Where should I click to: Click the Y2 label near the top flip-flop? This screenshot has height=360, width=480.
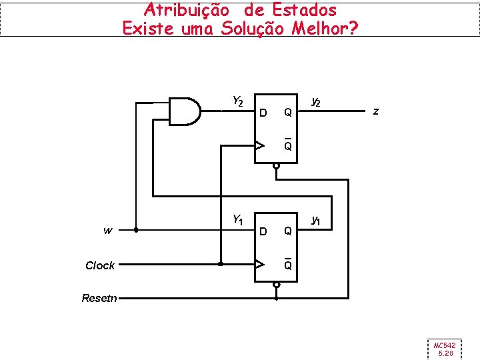pyautogui.click(x=237, y=101)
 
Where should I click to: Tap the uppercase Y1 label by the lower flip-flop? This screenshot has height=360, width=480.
pyautogui.click(x=237, y=219)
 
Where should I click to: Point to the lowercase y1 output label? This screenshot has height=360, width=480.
pyautogui.click(x=316, y=220)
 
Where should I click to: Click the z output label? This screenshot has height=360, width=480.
pyautogui.click(x=376, y=111)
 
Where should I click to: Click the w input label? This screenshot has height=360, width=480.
pyautogui.click(x=107, y=231)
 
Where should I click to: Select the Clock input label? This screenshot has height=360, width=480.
pyautogui.click(x=100, y=265)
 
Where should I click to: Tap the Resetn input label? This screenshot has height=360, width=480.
pyautogui.click(x=98, y=298)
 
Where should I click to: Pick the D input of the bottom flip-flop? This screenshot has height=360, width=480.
pyautogui.click(x=263, y=231)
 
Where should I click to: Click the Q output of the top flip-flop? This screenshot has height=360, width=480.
pyautogui.click(x=287, y=113)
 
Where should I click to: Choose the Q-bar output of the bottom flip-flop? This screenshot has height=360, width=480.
pyautogui.click(x=287, y=265)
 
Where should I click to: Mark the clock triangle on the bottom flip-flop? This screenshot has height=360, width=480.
pyautogui.click(x=259, y=265)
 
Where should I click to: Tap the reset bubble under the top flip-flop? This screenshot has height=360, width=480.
pyautogui.click(x=276, y=167)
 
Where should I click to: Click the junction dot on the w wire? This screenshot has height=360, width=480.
pyautogui.click(x=135, y=231)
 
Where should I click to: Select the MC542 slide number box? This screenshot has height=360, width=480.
pyautogui.click(x=444, y=349)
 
